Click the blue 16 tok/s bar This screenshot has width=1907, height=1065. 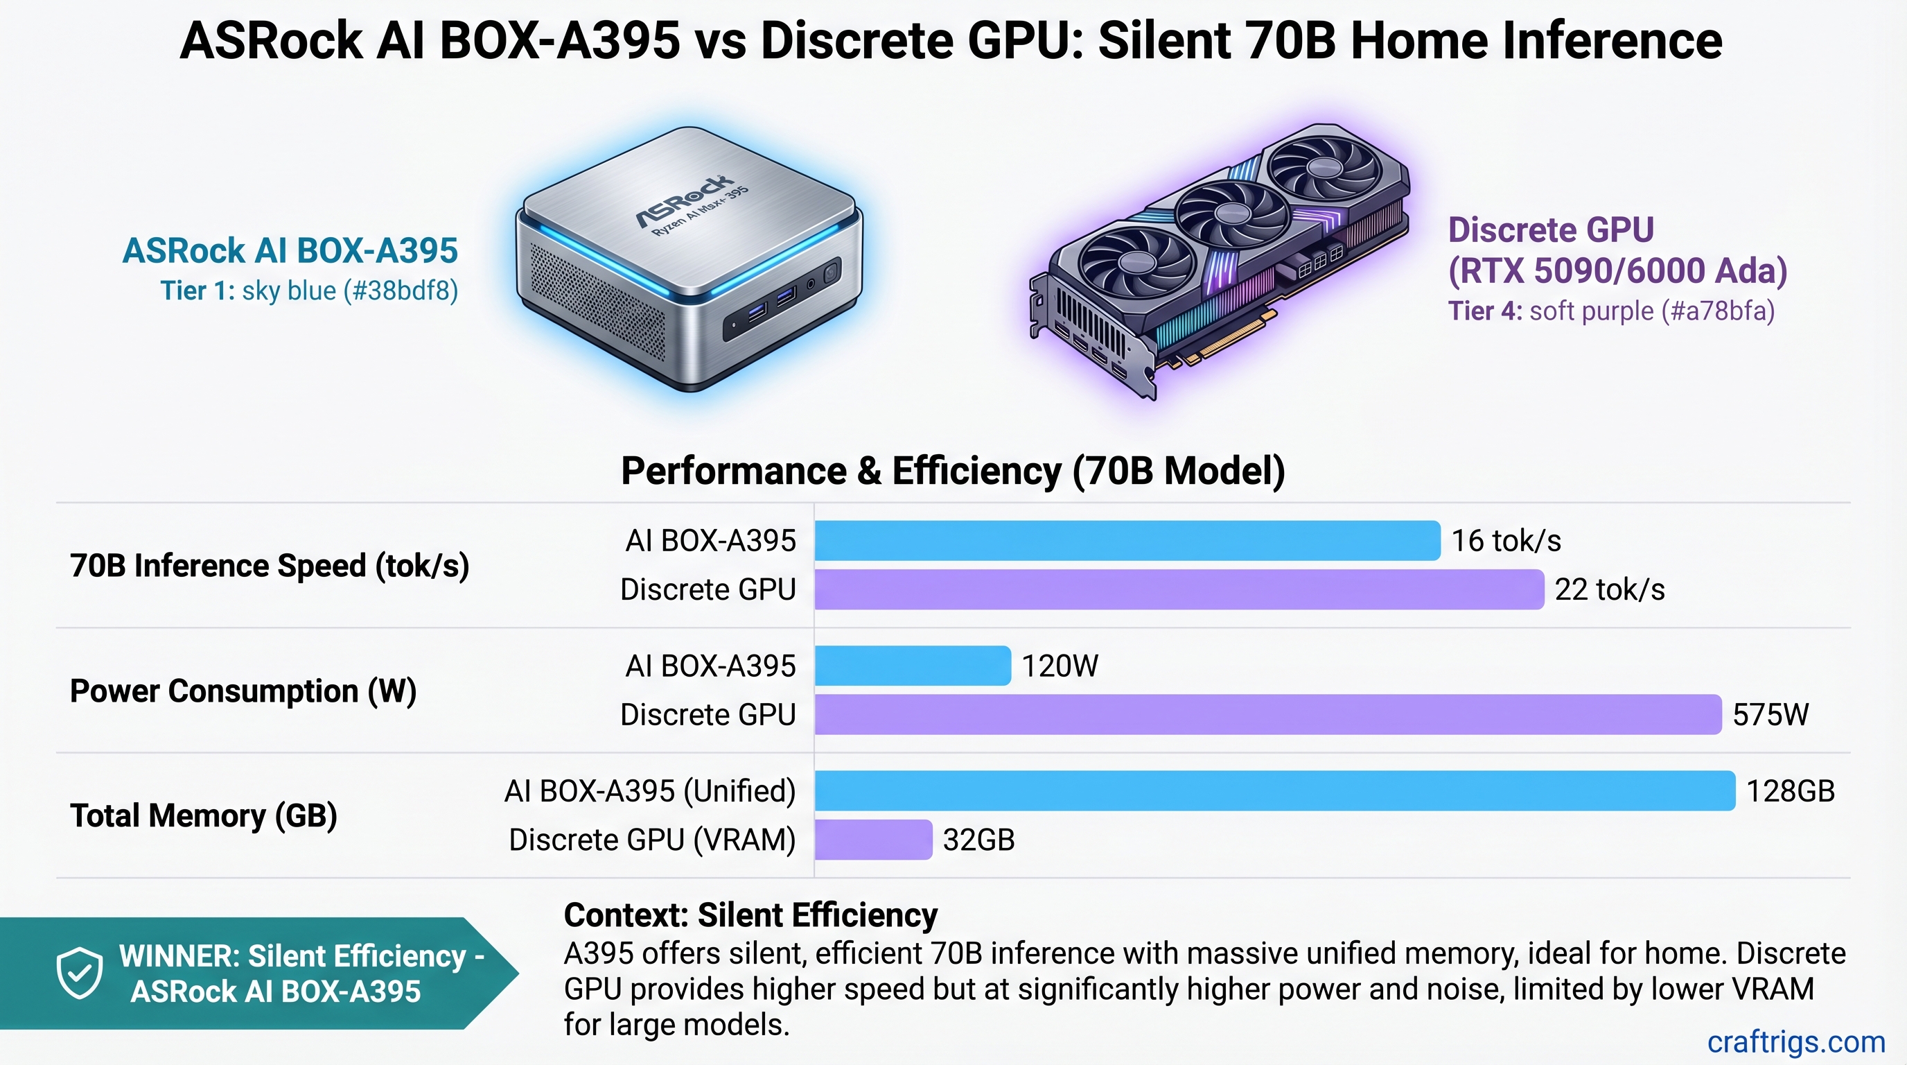tap(1127, 541)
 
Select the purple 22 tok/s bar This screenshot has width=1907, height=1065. tap(1179, 589)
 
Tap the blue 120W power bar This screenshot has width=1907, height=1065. tap(912, 666)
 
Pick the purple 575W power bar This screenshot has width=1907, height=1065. tap(1267, 715)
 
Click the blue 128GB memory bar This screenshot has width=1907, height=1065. tap(1275, 791)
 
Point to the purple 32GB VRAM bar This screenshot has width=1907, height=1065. tap(873, 840)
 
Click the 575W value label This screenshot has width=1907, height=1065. tap(1770, 715)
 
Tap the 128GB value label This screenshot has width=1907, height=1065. tap(1790, 791)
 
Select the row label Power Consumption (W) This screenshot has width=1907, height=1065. tap(243, 691)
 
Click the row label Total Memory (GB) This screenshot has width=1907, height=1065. tap(204, 815)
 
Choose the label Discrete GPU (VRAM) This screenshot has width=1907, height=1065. tap(651, 840)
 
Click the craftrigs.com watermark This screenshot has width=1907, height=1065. tap(1796, 1042)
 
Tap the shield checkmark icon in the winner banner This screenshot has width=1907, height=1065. tap(80, 972)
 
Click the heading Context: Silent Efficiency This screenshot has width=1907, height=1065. tap(750, 915)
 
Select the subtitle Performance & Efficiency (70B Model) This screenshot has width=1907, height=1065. tap(953, 471)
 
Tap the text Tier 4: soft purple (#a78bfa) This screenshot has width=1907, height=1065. tap(1611, 311)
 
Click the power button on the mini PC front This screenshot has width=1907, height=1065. tap(830, 272)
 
